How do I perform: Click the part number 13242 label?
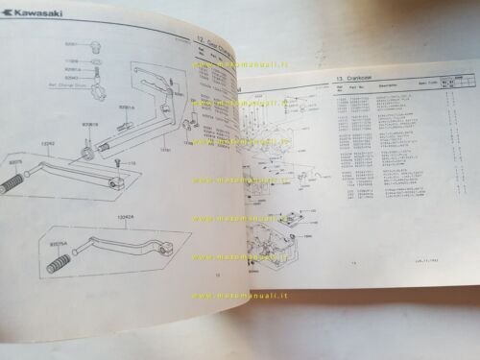[x=48, y=143]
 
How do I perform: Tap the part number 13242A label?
[x=123, y=217]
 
